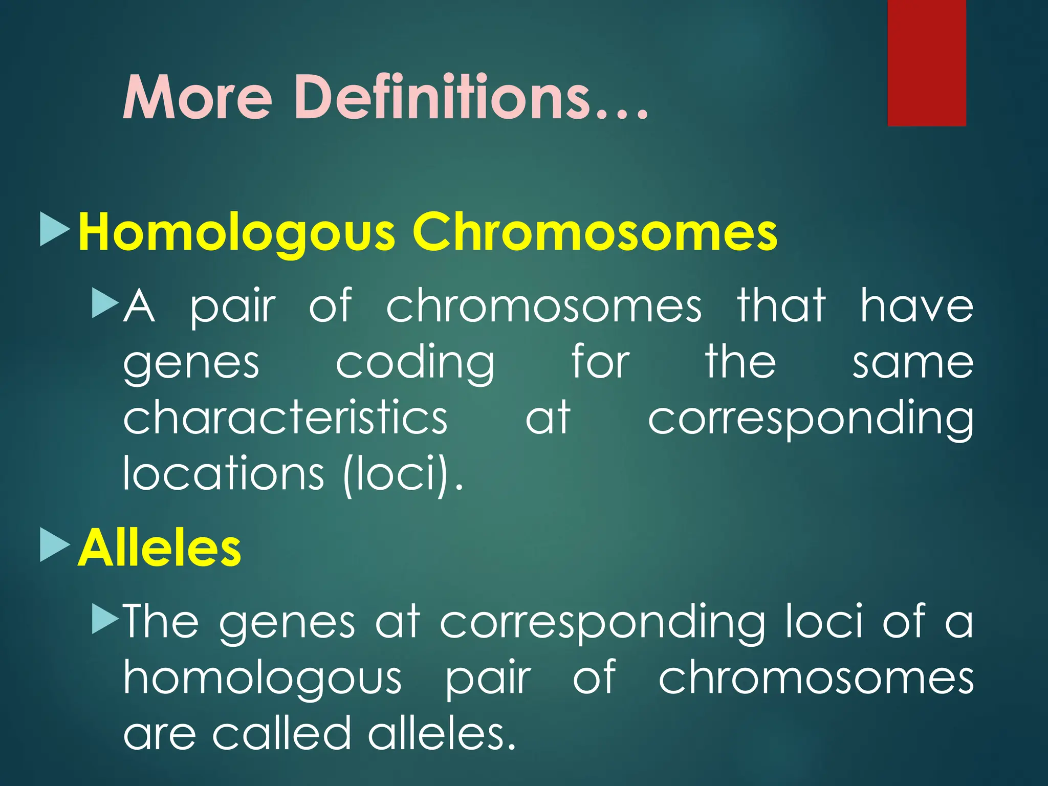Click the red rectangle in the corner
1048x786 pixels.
point(926,62)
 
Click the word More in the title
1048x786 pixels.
point(197,97)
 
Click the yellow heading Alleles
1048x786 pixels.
point(159,548)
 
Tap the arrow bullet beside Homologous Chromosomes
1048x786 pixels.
point(54,229)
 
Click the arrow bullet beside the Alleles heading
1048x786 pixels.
point(54,545)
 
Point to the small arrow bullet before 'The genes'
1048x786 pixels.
point(104,619)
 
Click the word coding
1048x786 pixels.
point(415,363)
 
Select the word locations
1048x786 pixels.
point(224,473)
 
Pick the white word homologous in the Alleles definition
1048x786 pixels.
point(263,679)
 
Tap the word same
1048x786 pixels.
point(912,363)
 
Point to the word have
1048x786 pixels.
point(916,305)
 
